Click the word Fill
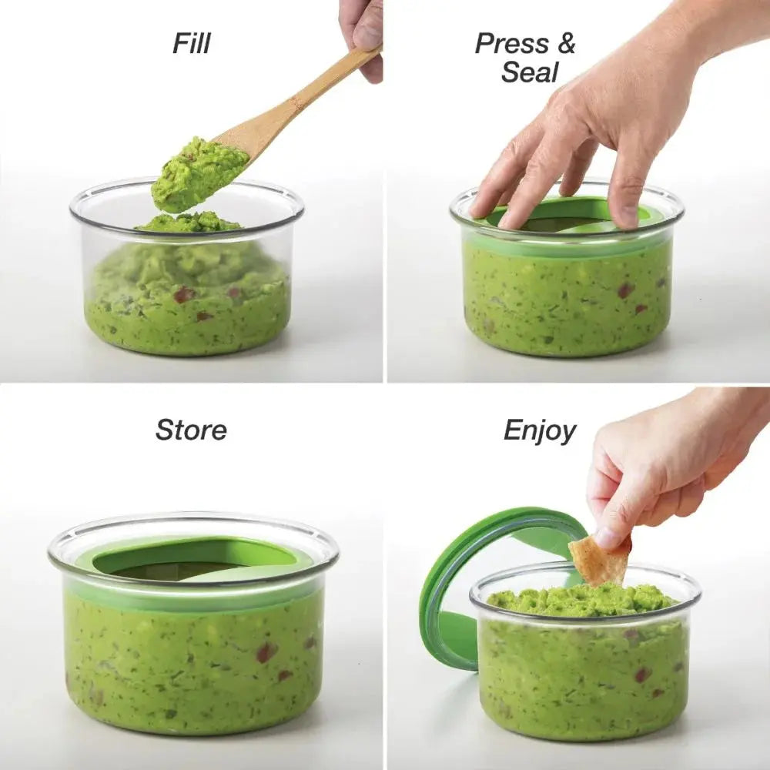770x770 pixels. [x=192, y=43]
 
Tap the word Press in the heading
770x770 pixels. [x=512, y=43]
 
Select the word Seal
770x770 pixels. [x=530, y=72]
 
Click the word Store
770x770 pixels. [x=191, y=430]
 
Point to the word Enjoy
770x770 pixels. [x=540, y=432]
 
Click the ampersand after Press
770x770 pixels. [x=566, y=43]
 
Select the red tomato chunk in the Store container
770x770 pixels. [x=265, y=653]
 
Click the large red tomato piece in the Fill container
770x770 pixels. [x=184, y=295]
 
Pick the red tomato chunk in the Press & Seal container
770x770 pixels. [x=624, y=290]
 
